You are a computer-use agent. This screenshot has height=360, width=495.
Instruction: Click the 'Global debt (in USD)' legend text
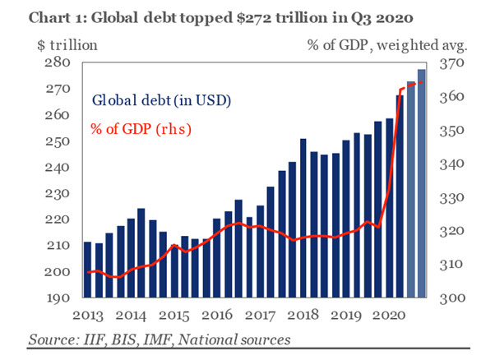click(x=161, y=101)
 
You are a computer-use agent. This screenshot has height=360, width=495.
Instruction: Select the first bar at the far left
click(x=88, y=270)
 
